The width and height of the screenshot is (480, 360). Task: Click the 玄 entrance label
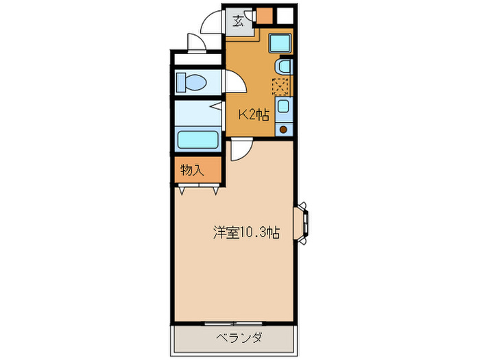(x=238, y=21)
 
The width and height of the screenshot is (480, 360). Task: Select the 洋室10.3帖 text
(x=244, y=232)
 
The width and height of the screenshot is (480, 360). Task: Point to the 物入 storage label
(x=192, y=170)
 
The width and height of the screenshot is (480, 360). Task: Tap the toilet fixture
(x=191, y=84)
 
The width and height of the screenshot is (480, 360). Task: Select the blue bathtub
(x=198, y=139)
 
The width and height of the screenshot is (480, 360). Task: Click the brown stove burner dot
(x=283, y=128)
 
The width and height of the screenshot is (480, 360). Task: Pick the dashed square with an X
(x=281, y=86)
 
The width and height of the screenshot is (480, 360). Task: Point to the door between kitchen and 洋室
(x=239, y=149)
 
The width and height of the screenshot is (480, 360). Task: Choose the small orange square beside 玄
(x=264, y=16)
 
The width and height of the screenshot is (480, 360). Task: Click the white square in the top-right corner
(x=285, y=14)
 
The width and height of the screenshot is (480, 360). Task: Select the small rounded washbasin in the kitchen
(x=283, y=67)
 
